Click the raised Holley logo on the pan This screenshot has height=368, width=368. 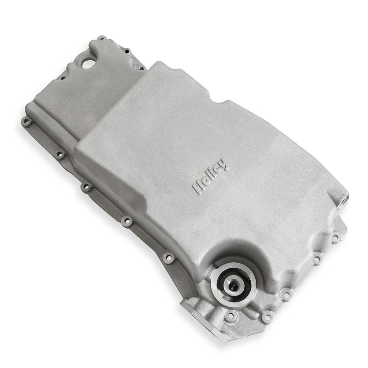point(211,176)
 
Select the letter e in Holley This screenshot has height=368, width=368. point(219,167)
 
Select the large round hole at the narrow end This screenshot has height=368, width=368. point(87,63)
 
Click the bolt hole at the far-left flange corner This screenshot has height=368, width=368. point(26,122)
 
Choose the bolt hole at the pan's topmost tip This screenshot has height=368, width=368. point(101,39)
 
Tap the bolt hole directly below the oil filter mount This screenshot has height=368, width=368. point(230,316)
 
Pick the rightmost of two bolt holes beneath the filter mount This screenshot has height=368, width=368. point(266,317)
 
